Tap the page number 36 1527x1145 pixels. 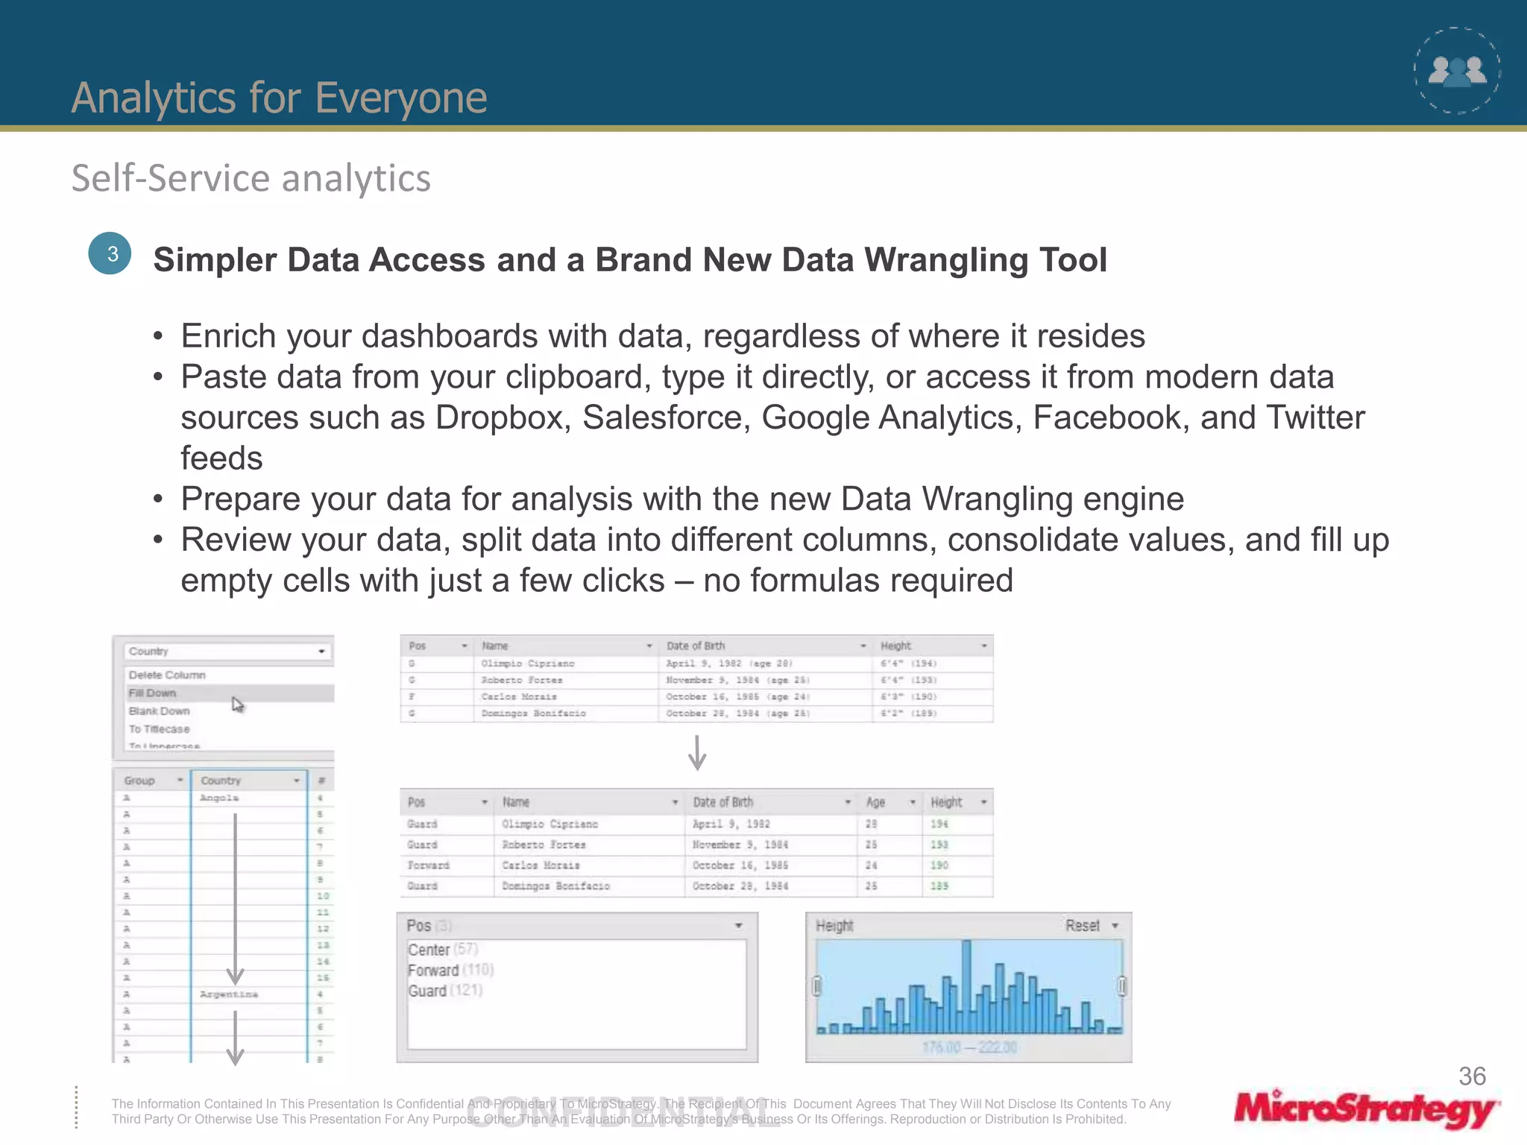point(1472,1076)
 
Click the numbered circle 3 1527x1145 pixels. point(110,254)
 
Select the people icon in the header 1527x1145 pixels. point(1457,71)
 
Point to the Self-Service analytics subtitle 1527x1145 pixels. point(251,179)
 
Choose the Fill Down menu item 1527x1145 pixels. point(153,693)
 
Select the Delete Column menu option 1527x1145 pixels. point(167,675)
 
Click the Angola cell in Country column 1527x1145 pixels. point(219,798)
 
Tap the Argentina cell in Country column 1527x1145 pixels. point(229,994)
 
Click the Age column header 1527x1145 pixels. point(876,803)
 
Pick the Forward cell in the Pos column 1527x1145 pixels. point(429,865)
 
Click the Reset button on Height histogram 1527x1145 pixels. point(1083,926)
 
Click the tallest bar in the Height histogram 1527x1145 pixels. point(966,985)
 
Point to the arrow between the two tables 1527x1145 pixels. point(697,753)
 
